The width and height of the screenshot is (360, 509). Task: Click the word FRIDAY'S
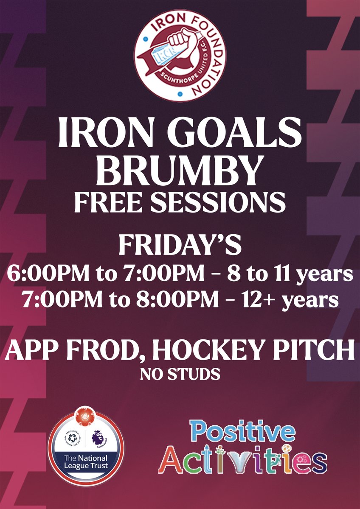tap(180, 246)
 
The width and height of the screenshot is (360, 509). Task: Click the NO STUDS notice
tap(180, 374)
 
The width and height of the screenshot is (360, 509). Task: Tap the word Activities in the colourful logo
tap(243, 461)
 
